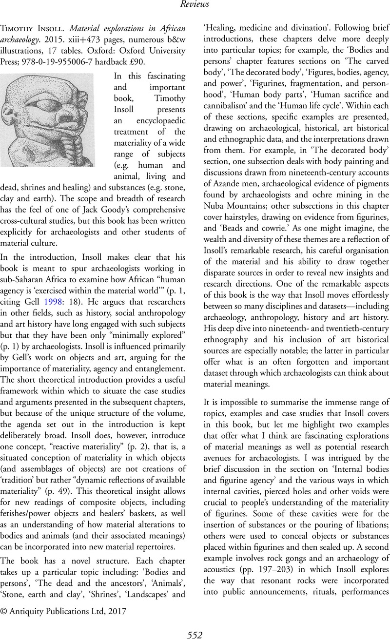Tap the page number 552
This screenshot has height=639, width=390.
click(195, 634)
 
